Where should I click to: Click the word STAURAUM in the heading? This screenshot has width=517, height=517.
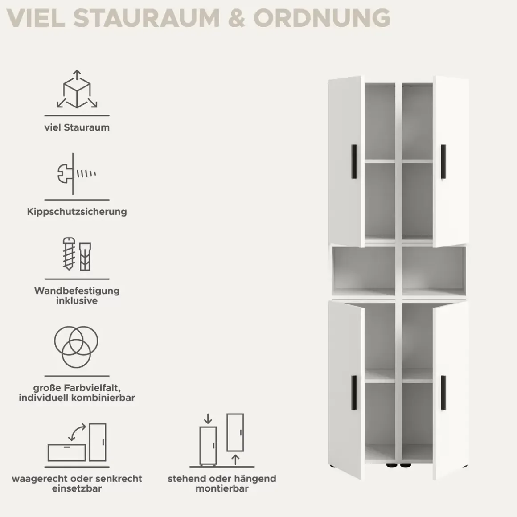click(146, 18)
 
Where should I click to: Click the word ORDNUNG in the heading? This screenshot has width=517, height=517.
click(321, 18)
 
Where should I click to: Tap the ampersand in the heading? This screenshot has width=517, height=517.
click(236, 18)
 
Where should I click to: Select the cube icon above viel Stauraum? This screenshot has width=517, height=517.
click(77, 89)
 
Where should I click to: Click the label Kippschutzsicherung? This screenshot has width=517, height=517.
click(77, 211)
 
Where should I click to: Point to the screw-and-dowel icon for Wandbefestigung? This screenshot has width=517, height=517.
click(77, 254)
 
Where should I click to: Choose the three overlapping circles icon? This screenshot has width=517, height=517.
click(76, 347)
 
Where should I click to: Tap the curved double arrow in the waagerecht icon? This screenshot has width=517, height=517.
click(77, 432)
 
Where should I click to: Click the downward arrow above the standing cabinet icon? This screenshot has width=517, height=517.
click(208, 419)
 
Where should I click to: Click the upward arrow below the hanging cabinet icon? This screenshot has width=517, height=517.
click(235, 460)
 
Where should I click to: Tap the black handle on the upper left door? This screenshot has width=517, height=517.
click(354, 161)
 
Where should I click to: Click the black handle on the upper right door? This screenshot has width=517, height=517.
click(443, 161)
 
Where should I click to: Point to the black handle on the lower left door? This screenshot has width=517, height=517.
click(354, 393)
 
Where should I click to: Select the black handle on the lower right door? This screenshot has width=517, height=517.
click(443, 393)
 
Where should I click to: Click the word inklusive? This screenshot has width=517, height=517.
click(77, 301)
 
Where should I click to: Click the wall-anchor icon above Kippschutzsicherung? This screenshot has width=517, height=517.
click(77, 174)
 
